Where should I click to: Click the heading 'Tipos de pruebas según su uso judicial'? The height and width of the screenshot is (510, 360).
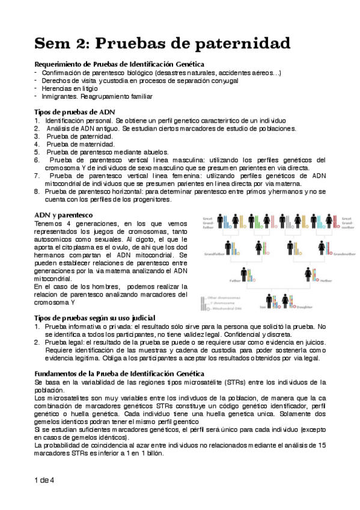[95, 318]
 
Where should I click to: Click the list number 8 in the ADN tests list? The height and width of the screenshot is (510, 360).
[36, 191]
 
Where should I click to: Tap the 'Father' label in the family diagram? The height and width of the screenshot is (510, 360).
[233, 280]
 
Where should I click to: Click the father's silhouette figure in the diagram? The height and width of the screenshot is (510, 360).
[244, 275]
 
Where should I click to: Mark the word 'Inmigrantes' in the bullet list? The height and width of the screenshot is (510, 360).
[61, 96]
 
